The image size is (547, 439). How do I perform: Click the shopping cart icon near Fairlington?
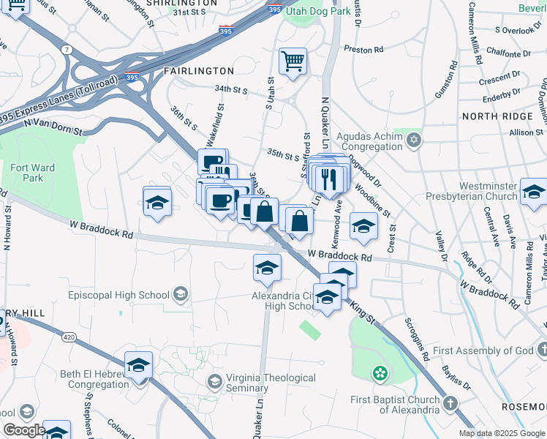[x=293, y=61]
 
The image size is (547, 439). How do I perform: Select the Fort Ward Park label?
[x=32, y=173]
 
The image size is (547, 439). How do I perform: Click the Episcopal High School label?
[x=118, y=296]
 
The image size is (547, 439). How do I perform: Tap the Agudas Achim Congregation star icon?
[x=413, y=139]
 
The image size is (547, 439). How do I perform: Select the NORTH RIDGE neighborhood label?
[x=497, y=116]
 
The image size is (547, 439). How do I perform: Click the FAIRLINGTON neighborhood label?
[x=198, y=71]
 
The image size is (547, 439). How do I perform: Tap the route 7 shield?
[x=68, y=49]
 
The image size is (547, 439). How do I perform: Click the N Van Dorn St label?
[x=52, y=127]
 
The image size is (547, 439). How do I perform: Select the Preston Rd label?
[x=363, y=50]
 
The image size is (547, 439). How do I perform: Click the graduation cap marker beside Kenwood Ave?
[x=363, y=226]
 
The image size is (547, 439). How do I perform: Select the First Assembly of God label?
[x=483, y=351]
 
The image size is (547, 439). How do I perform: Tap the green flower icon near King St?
[x=379, y=375]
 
